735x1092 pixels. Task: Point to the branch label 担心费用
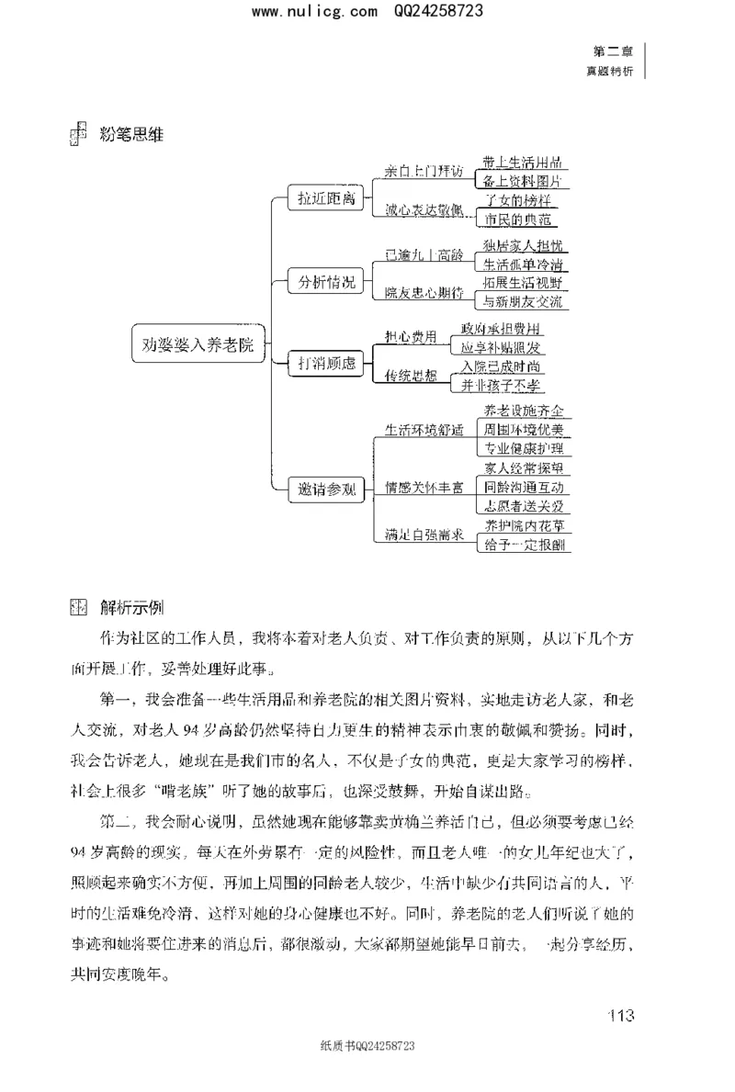(411, 337)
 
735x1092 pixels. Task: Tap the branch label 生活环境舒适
(424, 428)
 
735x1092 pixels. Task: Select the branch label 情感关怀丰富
(424, 488)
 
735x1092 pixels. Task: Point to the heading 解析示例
(133, 607)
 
